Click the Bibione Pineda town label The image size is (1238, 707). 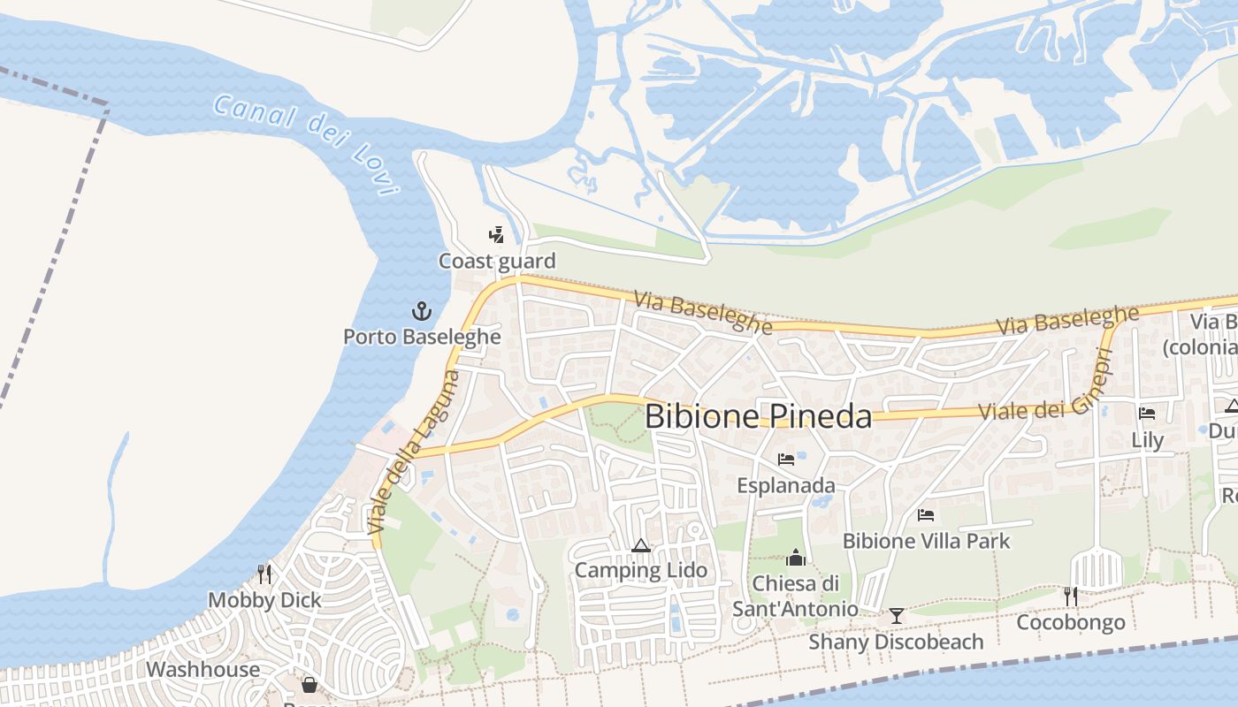(x=758, y=416)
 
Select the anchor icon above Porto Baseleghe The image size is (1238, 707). (x=422, y=311)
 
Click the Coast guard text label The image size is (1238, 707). (x=497, y=261)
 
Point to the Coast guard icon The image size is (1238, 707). (x=497, y=235)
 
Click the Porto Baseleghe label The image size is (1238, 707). (x=422, y=337)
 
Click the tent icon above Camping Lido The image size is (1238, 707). (x=641, y=545)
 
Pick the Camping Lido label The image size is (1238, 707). (x=641, y=570)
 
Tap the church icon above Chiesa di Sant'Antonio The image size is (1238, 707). (x=795, y=559)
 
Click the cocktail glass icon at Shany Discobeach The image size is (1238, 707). (x=897, y=615)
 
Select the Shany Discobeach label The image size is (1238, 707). (x=896, y=642)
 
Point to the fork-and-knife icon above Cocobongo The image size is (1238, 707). (x=1070, y=597)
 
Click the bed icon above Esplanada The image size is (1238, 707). (x=785, y=460)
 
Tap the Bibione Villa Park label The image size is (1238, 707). (x=926, y=540)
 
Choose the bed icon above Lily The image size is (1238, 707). (x=1147, y=414)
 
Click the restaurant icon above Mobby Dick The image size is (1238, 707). (x=264, y=574)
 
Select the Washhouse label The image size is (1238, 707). (x=203, y=669)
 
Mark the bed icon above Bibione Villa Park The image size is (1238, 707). (x=926, y=515)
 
